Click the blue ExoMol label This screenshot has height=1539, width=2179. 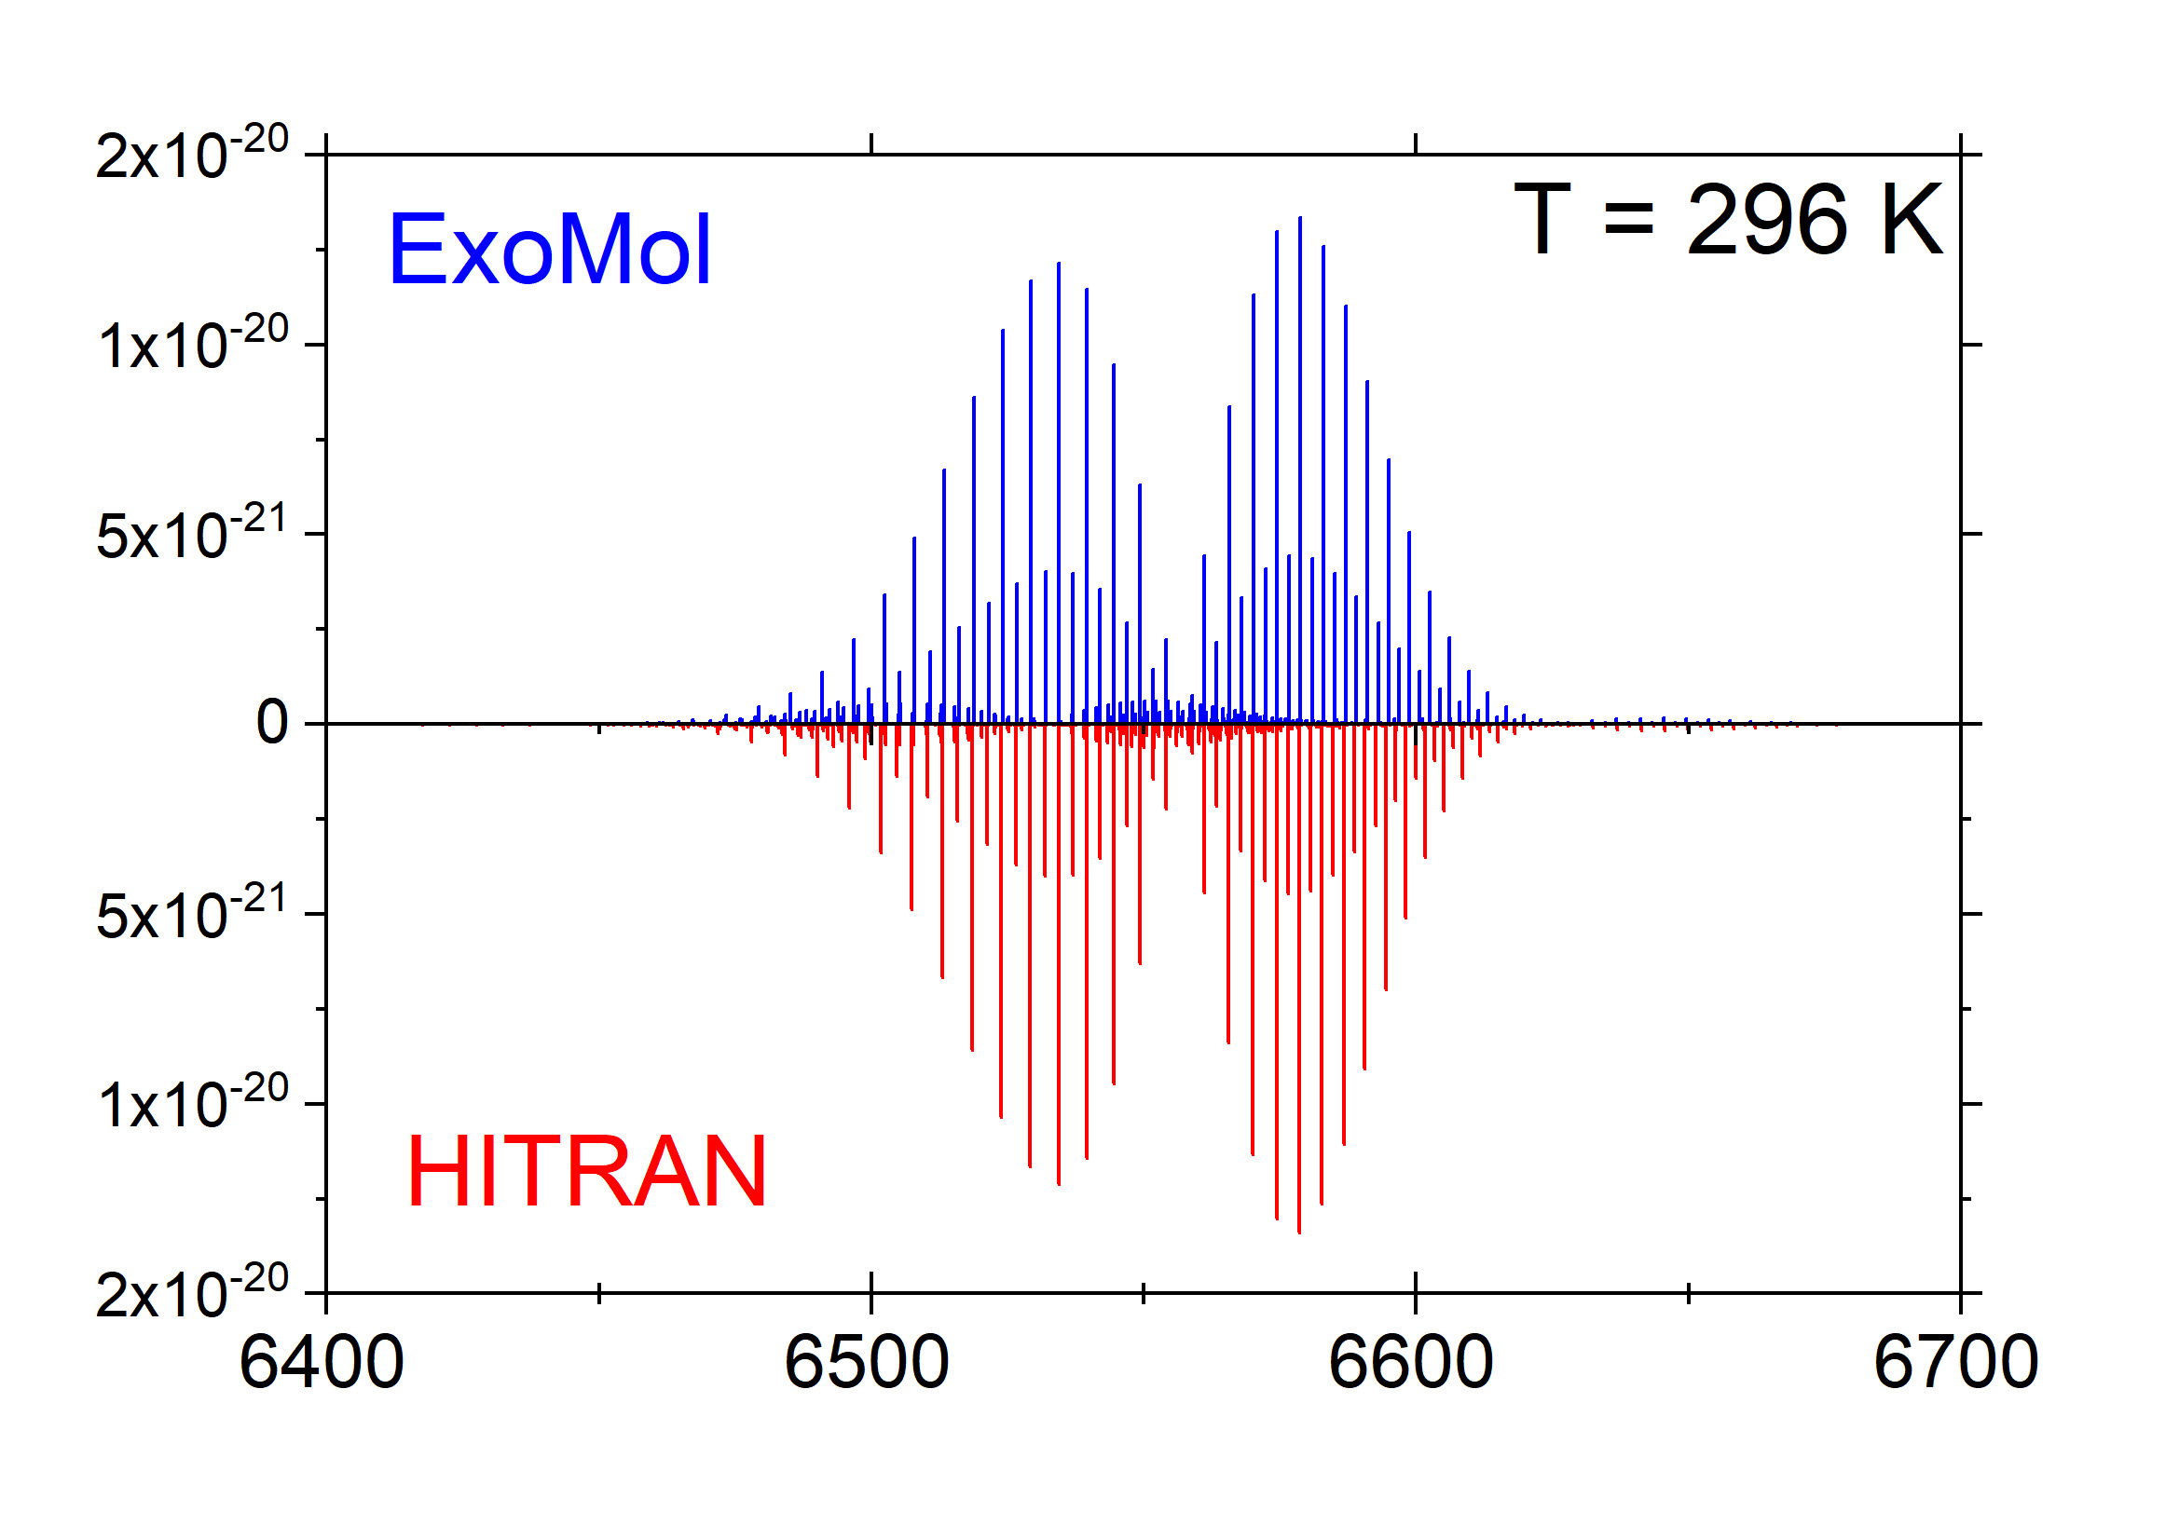point(551,250)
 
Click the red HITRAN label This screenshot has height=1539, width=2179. point(586,1172)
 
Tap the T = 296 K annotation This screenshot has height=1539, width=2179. point(1728,220)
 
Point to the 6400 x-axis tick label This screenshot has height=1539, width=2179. point(322,1363)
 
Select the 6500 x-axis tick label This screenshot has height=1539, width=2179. point(867,1363)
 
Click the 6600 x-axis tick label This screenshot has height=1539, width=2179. point(1411,1363)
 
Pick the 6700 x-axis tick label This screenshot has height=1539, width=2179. point(1956,1363)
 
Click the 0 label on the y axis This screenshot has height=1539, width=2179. point(272,722)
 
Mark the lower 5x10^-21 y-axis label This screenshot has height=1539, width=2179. point(191,912)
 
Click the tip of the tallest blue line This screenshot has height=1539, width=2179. point(1299,217)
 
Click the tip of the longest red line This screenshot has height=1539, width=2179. point(1298,1233)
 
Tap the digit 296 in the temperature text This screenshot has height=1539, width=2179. point(1766,220)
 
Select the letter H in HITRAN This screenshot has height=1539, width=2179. point(436,1172)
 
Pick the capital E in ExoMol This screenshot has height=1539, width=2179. point(416,250)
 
